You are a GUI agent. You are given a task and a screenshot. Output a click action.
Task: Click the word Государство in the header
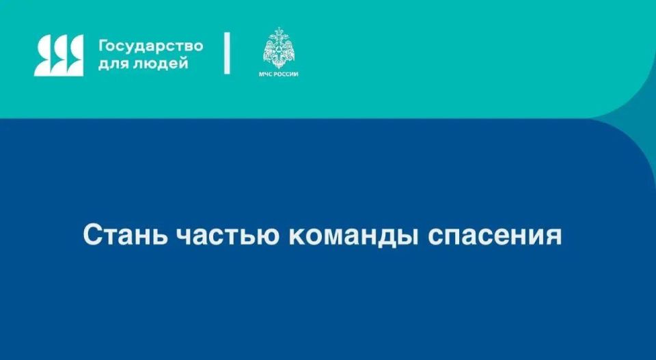tap(151, 46)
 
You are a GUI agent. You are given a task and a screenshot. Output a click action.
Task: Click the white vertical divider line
tap(228, 53)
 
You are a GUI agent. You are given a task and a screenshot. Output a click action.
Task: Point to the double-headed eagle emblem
tap(280, 47)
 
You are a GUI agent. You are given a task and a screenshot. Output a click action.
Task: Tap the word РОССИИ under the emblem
tap(288, 73)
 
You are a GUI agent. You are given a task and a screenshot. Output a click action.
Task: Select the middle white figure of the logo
tap(59, 55)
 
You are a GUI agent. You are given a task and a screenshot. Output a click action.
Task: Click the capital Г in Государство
tap(103, 46)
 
